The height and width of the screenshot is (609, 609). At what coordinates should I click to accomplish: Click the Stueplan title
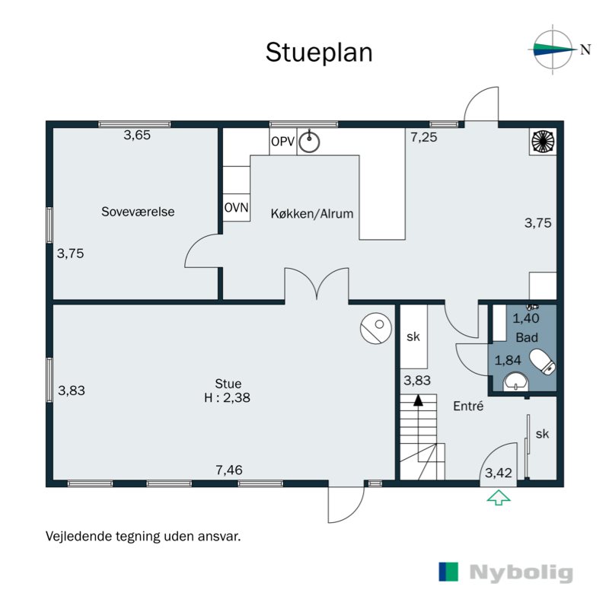318,53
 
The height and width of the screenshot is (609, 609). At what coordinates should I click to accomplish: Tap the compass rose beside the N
553,50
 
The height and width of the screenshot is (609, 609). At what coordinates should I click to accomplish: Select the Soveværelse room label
138,212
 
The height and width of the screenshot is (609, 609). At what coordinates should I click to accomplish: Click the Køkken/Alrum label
312,214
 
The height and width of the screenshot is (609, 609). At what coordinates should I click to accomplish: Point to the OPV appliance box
282,142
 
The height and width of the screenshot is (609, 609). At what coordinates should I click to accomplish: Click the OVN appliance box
236,208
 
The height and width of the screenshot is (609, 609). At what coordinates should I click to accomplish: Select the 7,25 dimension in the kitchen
424,137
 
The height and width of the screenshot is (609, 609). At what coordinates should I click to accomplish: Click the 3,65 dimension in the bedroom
138,136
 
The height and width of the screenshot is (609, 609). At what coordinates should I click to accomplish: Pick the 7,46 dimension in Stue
229,470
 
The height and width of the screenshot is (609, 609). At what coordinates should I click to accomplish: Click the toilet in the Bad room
543,362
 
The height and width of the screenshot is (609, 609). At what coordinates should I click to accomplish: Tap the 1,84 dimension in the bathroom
508,360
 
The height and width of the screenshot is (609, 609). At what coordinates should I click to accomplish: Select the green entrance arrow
499,499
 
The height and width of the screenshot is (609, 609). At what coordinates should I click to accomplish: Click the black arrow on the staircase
418,399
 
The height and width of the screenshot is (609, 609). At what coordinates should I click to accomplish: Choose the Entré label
469,407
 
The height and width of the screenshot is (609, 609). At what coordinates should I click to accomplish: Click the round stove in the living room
375,329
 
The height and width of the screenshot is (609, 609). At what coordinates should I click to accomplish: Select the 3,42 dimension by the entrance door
499,473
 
